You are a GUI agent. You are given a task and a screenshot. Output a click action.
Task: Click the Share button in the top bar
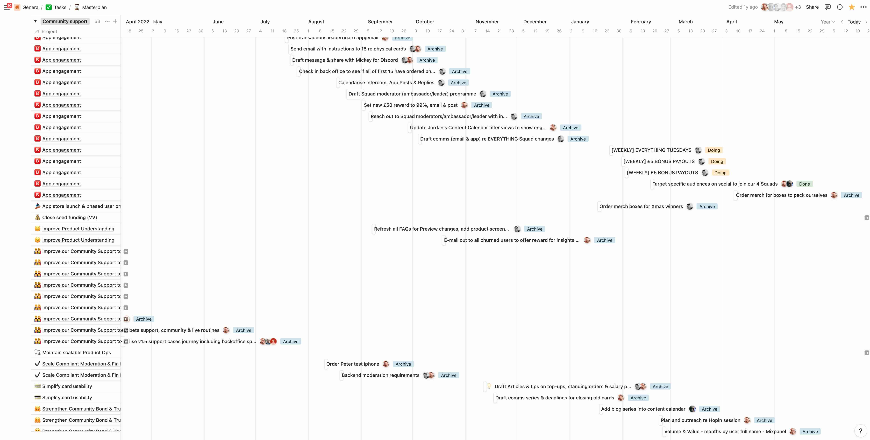[812, 7]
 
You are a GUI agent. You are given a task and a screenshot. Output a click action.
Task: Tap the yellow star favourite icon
[852, 7]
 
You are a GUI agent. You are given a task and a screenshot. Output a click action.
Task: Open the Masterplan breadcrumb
[94, 7]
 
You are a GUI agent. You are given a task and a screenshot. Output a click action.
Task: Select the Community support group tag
[65, 21]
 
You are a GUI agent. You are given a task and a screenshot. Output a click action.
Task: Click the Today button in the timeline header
[854, 22]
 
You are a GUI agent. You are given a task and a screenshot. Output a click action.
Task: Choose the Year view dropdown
[828, 22]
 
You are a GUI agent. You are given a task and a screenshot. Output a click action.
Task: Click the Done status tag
[804, 184]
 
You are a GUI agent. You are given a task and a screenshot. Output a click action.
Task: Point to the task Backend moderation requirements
[380, 375]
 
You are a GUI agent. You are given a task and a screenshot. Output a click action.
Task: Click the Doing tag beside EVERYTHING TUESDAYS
[714, 150]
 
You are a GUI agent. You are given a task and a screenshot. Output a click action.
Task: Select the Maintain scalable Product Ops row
[76, 353]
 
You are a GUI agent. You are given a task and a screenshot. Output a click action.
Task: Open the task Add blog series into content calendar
[643, 409]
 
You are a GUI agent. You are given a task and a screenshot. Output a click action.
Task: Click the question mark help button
[860, 431]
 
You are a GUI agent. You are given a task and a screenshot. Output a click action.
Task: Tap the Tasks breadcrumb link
[60, 7]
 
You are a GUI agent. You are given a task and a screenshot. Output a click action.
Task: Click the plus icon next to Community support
[115, 21]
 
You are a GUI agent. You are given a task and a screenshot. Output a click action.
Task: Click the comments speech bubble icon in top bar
[828, 7]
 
